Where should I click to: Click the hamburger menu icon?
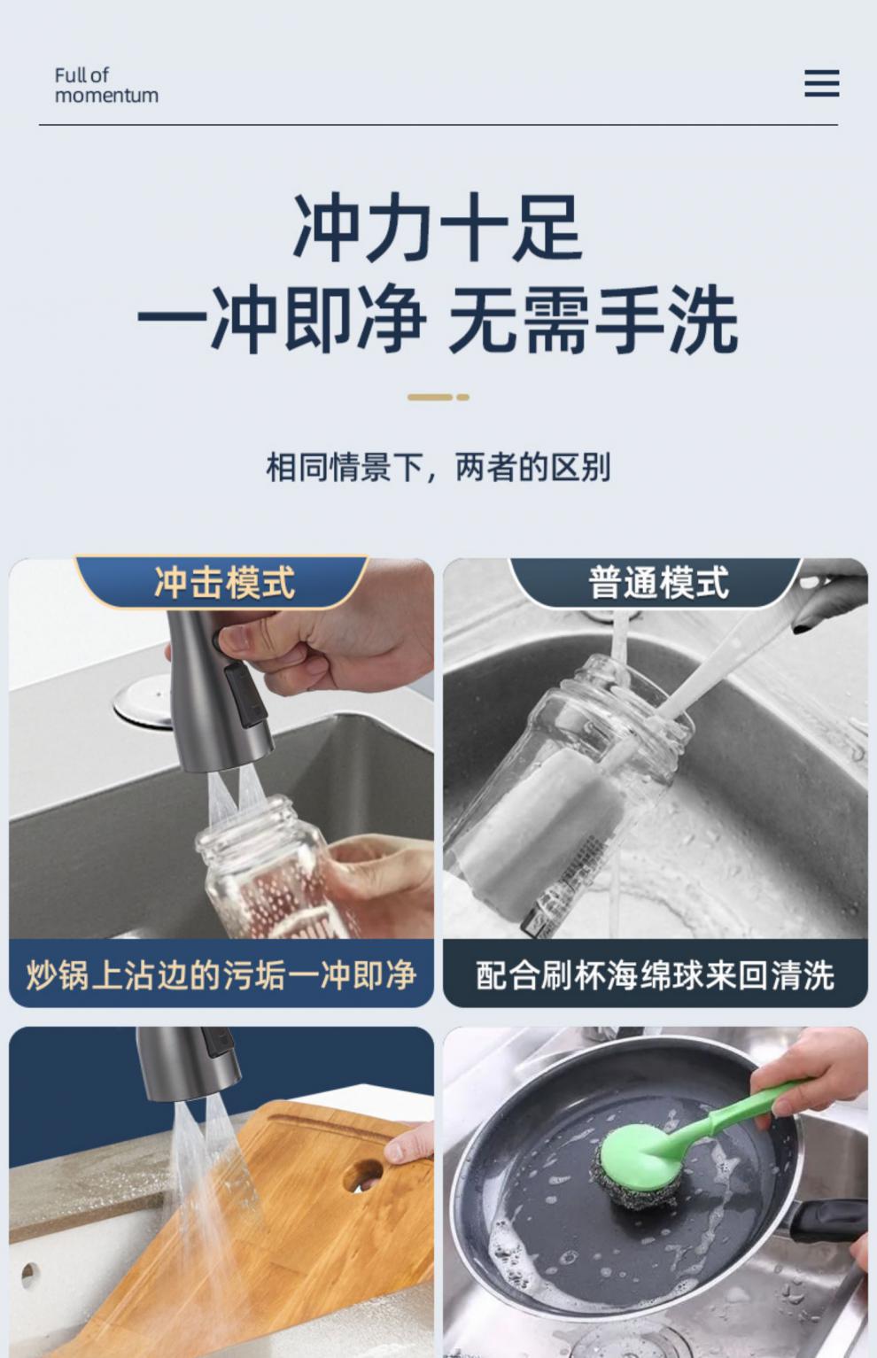pyautogui.click(x=822, y=83)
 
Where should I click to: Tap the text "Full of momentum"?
pyautogui.click(x=106, y=85)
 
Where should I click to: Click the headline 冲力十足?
pyautogui.click(x=438, y=228)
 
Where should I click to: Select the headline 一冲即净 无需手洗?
pyautogui.click(x=438, y=320)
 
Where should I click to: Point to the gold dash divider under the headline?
pyautogui.click(x=438, y=397)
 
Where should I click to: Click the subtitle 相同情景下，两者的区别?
pyautogui.click(x=438, y=467)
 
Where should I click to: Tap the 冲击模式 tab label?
pyautogui.click(x=224, y=583)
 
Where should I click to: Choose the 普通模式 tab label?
pyautogui.click(x=658, y=583)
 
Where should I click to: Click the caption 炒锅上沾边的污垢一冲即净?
pyautogui.click(x=221, y=974)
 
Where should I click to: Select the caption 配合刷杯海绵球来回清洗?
pyautogui.click(x=656, y=974)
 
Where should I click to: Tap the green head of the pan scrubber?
pyautogui.click(x=641, y=1150)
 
